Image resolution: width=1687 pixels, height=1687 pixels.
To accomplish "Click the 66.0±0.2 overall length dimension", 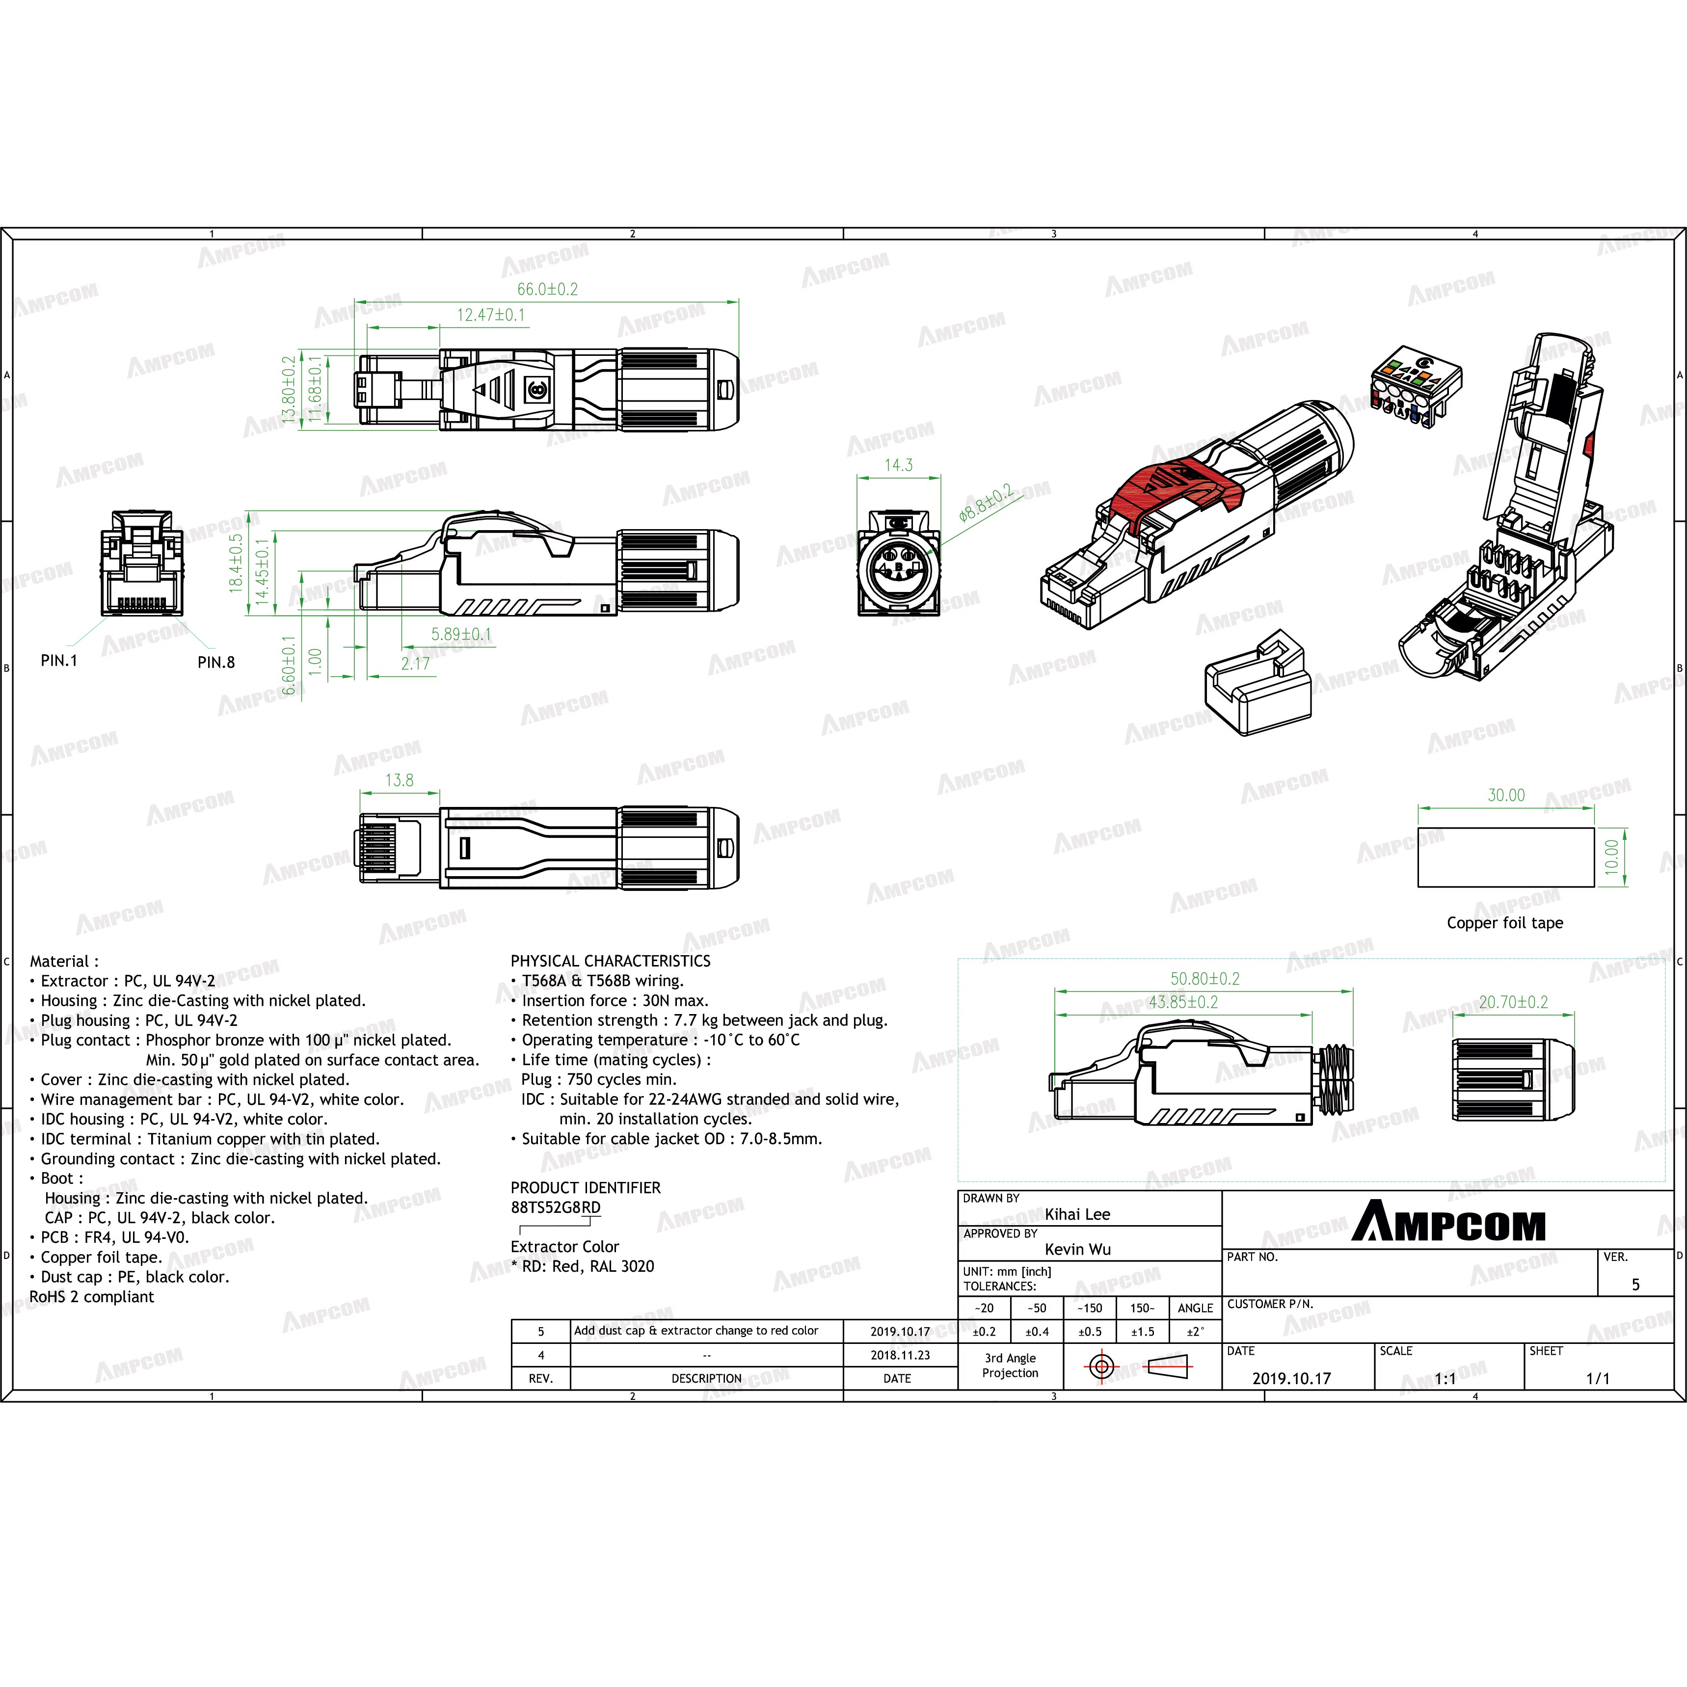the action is click(547, 289).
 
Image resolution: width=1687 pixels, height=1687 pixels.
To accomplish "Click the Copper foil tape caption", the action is click(1504, 923).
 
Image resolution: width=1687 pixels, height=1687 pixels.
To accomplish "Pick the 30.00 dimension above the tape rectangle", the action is click(1506, 796).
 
